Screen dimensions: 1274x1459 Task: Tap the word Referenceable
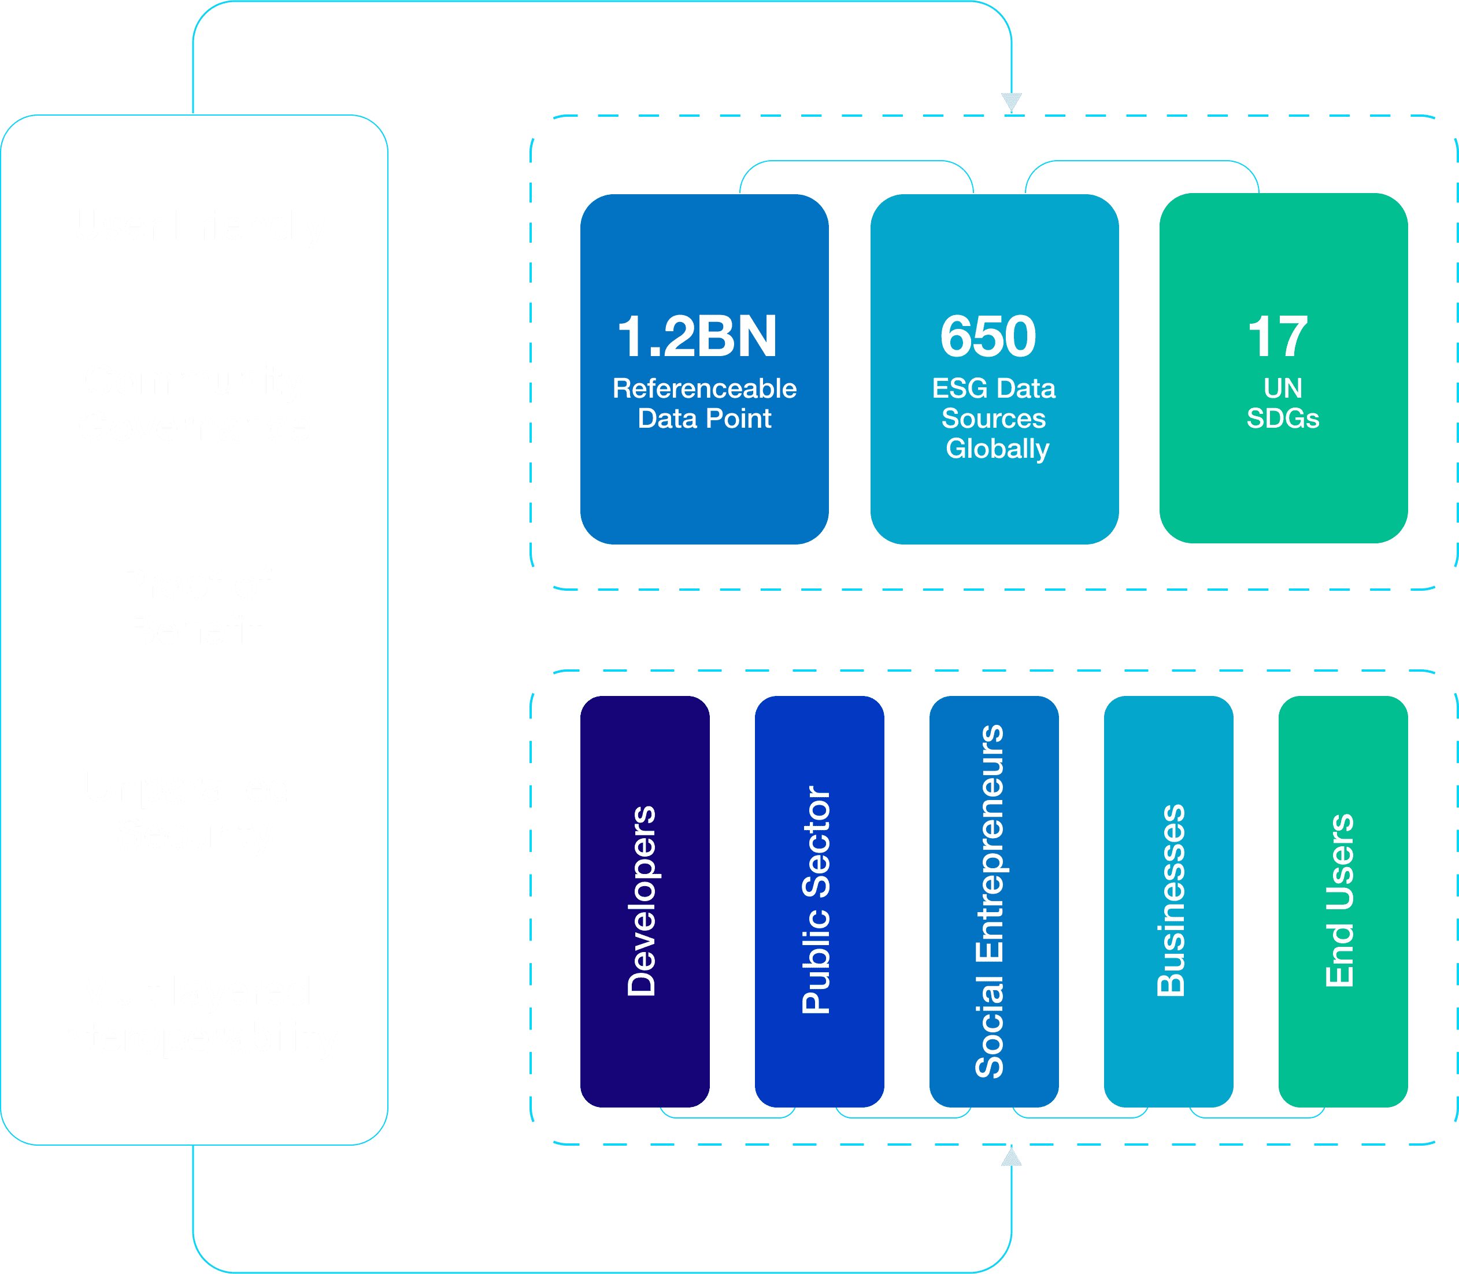(x=704, y=388)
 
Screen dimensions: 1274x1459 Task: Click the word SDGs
(x=1283, y=418)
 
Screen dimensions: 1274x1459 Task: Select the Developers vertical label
(x=642, y=901)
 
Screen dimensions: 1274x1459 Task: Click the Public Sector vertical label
(x=816, y=899)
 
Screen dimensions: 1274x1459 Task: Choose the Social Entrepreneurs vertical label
(x=990, y=901)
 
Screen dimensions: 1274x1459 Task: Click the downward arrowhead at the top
(x=1011, y=102)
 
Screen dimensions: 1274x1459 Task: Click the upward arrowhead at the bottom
(x=1011, y=1157)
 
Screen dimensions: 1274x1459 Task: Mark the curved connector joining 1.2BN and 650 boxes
(x=856, y=161)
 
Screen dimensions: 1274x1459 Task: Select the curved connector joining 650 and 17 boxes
(x=1142, y=161)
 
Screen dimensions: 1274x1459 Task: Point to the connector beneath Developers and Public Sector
(x=727, y=1117)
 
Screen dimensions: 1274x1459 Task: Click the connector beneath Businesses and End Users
(x=1256, y=1117)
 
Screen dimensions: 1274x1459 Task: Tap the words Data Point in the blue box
(x=704, y=418)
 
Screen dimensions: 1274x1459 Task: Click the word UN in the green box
(x=1283, y=388)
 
